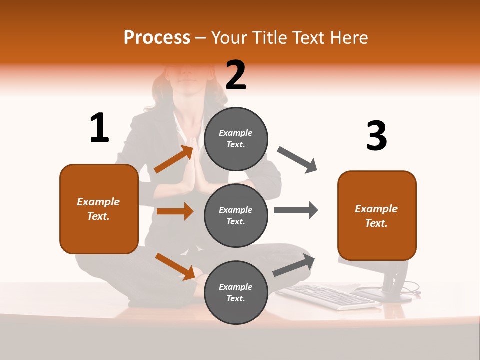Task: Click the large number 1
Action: (99, 128)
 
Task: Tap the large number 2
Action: (236, 75)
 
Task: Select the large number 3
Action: (376, 136)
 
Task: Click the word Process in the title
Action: (157, 37)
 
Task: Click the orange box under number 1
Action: (99, 209)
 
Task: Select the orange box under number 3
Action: (377, 216)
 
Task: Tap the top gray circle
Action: (236, 139)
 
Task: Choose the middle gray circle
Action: (236, 215)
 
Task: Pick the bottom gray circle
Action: (236, 292)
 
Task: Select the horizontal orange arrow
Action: (175, 211)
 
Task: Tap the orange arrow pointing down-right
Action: (175, 266)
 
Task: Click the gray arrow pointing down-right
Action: (297, 159)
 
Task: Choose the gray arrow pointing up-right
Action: (294, 265)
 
